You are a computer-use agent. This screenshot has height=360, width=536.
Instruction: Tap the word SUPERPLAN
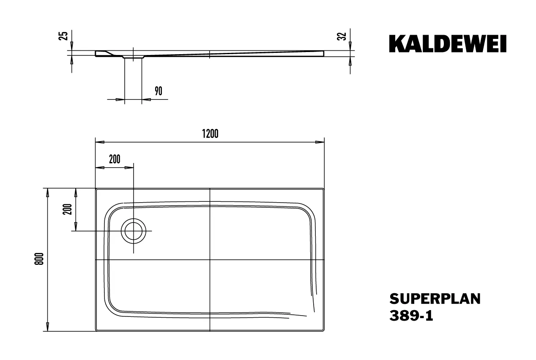(435, 299)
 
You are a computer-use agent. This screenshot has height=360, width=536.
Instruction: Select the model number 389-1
(410, 316)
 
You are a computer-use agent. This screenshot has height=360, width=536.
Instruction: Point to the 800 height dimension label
(39, 259)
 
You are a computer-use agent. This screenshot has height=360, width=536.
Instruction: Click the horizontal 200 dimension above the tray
(115, 159)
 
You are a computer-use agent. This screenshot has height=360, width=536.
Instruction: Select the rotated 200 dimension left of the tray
(67, 209)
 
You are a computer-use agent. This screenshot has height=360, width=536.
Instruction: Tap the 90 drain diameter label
(159, 91)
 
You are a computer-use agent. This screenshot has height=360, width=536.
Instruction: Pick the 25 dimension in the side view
(64, 36)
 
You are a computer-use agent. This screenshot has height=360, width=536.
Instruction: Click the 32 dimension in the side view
(343, 36)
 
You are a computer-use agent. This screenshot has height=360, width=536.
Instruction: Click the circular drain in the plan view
(134, 231)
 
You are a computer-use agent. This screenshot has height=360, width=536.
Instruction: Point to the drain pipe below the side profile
(133, 78)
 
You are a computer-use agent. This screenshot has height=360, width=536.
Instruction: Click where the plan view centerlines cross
(210, 260)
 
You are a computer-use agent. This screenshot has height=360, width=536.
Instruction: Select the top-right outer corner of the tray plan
(324, 189)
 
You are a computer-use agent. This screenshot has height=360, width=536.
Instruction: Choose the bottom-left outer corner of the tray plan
(96, 331)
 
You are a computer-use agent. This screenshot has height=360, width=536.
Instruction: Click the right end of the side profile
(323, 53)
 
